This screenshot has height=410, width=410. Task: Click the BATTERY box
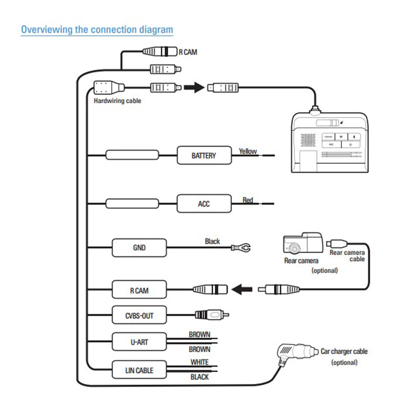coord(203,156)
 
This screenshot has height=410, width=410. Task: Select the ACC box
coord(203,204)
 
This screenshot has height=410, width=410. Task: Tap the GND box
coord(139,247)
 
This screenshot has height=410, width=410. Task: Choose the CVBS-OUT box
coord(139,315)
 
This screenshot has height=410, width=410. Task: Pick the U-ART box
coord(139,342)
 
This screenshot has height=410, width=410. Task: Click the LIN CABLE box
coord(139,370)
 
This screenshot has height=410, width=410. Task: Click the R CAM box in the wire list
coord(139,289)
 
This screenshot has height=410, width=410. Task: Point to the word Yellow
coord(248,151)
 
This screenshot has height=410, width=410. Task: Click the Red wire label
coord(248,200)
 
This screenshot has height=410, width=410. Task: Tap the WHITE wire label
coord(199,363)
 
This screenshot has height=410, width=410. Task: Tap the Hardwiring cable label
coord(117,101)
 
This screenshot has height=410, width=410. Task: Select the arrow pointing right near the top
coord(193,88)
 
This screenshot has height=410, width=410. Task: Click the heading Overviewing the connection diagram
coord(97,29)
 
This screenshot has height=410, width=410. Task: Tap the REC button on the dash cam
coord(331,143)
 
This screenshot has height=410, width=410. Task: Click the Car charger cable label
coord(344,351)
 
